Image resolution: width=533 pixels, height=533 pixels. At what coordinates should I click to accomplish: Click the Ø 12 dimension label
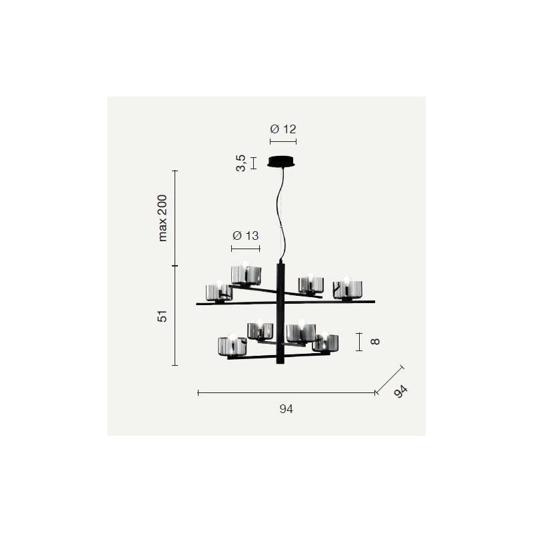click(x=283, y=129)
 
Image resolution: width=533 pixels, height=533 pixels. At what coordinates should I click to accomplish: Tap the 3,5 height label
click(x=241, y=163)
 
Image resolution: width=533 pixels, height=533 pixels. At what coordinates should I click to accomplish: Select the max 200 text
click(x=163, y=218)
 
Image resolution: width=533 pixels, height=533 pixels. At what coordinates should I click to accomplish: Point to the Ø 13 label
click(x=245, y=236)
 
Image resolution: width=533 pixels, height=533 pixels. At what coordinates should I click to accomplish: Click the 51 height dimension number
click(x=163, y=316)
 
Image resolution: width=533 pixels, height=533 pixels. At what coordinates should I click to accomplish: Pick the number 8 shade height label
click(x=374, y=341)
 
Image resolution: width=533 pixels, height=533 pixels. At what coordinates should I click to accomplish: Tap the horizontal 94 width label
click(x=286, y=409)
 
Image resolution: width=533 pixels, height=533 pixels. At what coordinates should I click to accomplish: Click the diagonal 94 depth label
click(x=400, y=391)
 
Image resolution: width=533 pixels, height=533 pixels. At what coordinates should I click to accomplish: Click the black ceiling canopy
click(x=282, y=161)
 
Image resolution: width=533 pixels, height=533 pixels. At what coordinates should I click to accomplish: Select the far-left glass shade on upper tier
click(x=219, y=292)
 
